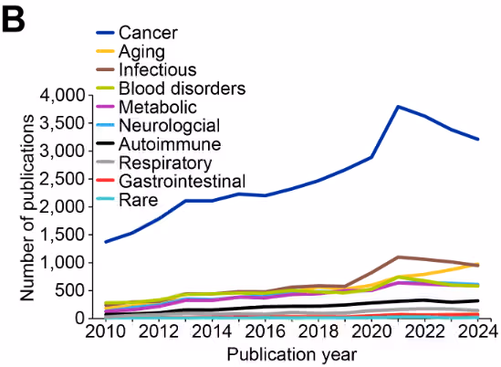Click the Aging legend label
(147, 51)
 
